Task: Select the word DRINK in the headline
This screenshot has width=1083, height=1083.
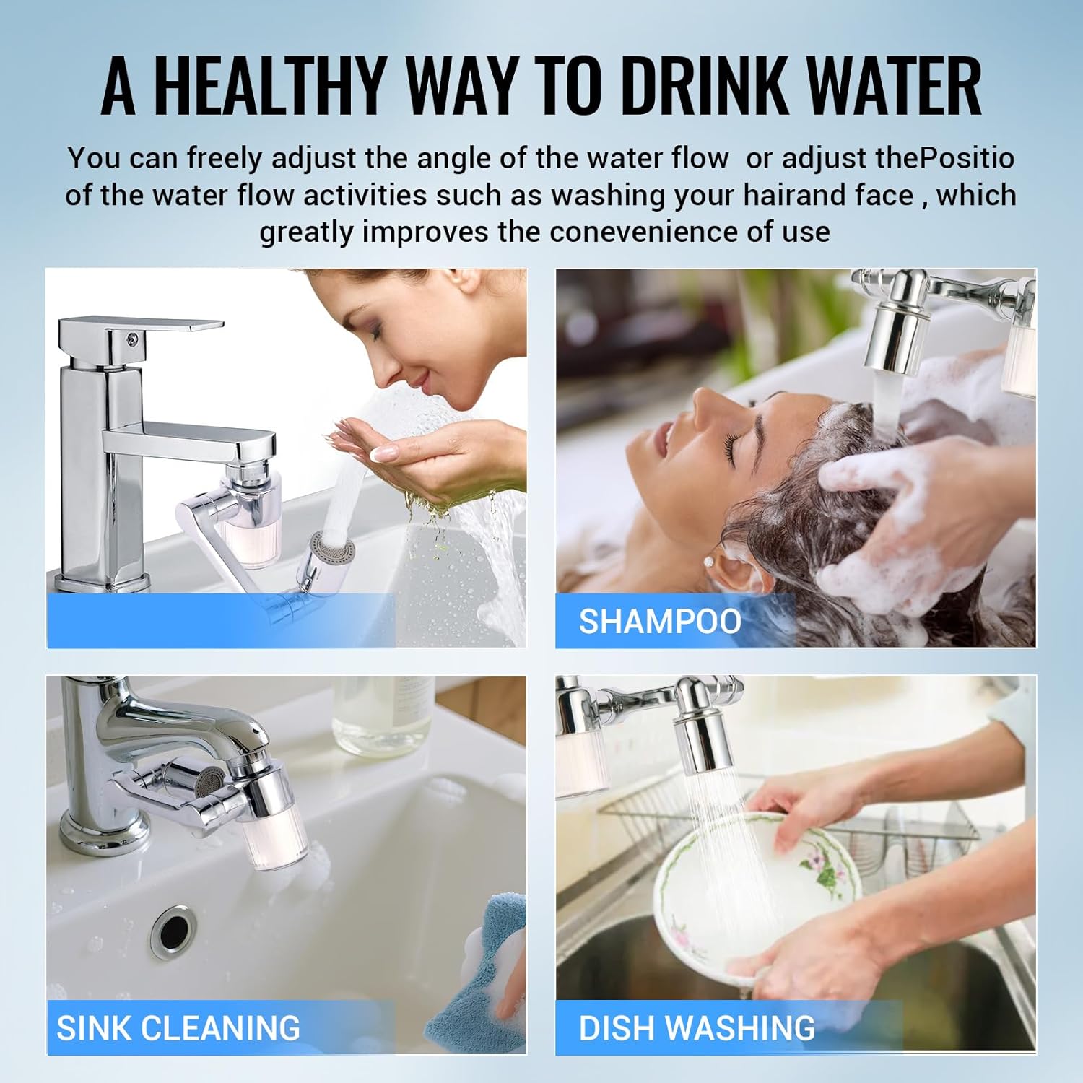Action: [704, 85]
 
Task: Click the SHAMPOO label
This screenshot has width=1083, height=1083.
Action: [660, 622]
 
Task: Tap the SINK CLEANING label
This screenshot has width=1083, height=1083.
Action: [178, 1028]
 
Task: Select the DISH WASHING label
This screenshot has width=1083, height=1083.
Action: [697, 1028]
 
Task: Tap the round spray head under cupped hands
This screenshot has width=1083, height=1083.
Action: [332, 547]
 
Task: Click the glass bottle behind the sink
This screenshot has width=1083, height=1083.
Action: [383, 715]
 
